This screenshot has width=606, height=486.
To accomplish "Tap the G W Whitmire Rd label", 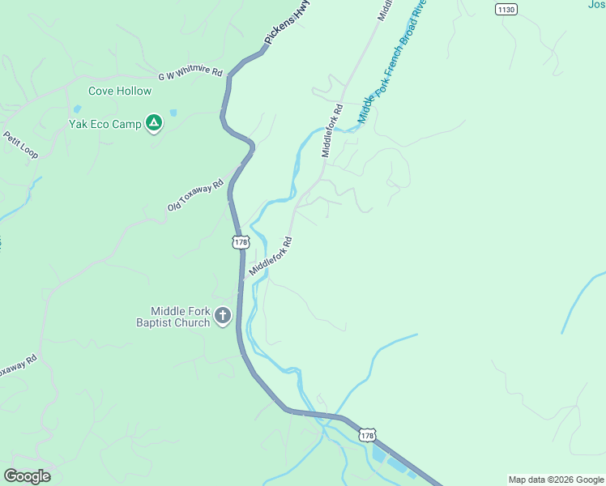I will (x=190, y=75).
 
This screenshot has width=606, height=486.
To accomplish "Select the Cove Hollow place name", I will (x=120, y=92).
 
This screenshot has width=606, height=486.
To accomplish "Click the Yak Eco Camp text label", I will (x=105, y=125).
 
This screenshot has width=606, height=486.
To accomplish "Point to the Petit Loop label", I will (x=20, y=145).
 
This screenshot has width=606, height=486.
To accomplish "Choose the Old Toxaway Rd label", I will (x=195, y=195).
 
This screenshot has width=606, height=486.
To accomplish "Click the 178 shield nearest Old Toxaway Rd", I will (x=240, y=241).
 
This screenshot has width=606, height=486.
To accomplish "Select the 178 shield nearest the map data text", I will (x=367, y=435).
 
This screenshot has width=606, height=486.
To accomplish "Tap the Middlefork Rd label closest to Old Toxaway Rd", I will (x=271, y=256).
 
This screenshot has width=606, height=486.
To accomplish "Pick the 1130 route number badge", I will (x=506, y=9).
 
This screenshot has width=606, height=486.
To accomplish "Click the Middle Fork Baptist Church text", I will (x=180, y=317).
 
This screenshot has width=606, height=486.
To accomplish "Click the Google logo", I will (x=27, y=476).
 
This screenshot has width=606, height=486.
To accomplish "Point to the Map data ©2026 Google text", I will (x=556, y=480).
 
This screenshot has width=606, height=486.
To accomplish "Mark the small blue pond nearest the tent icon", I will (x=173, y=113).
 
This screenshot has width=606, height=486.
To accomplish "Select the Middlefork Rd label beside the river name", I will (x=332, y=130).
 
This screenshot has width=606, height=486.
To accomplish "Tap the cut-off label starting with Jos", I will (x=595, y=5).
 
